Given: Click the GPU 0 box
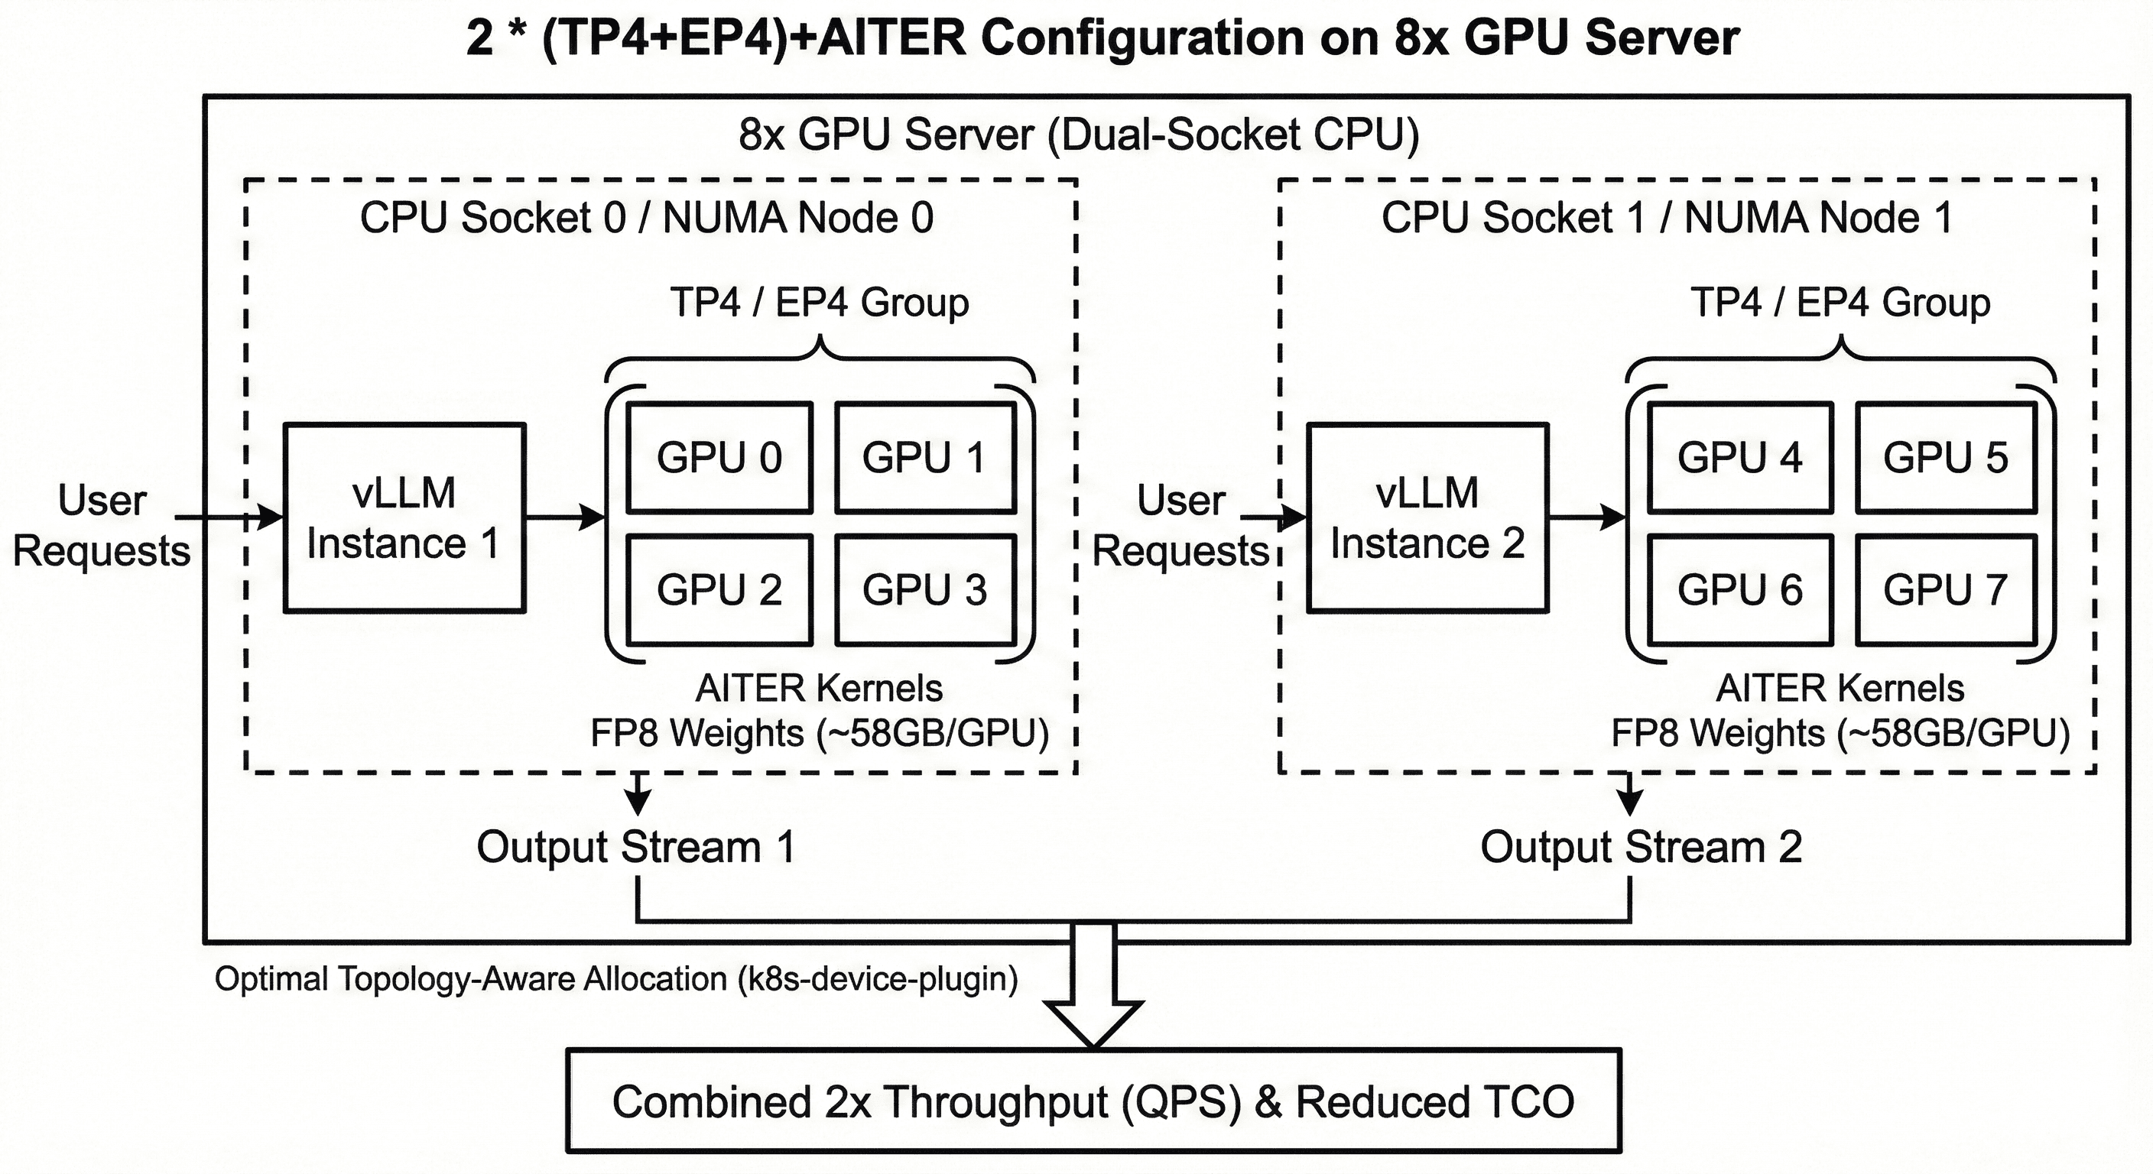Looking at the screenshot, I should [719, 458].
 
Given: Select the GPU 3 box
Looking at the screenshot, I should [925, 590].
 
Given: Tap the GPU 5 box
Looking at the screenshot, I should [1946, 458].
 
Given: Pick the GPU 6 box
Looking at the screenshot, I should [1740, 590].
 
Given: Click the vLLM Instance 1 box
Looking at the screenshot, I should [404, 518].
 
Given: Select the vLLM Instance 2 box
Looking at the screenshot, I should [1427, 518].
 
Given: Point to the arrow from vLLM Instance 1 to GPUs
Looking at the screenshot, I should [564, 517].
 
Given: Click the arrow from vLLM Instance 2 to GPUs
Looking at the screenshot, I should [1586, 517].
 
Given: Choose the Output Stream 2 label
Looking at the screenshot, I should [1641, 848].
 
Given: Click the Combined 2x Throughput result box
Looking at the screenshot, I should [1093, 1101].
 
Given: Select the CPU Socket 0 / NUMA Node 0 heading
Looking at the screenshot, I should [646, 218].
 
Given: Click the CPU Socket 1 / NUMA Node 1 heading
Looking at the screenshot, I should [1667, 218].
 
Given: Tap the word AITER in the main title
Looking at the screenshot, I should [891, 38].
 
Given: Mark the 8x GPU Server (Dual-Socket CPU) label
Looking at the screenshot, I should [1079, 135].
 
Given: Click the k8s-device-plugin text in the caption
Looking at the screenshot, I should [878, 978].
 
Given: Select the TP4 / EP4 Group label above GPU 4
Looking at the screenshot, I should [1840, 303].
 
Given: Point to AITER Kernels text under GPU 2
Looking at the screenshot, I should [819, 689].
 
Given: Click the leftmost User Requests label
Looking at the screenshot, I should [102, 526].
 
